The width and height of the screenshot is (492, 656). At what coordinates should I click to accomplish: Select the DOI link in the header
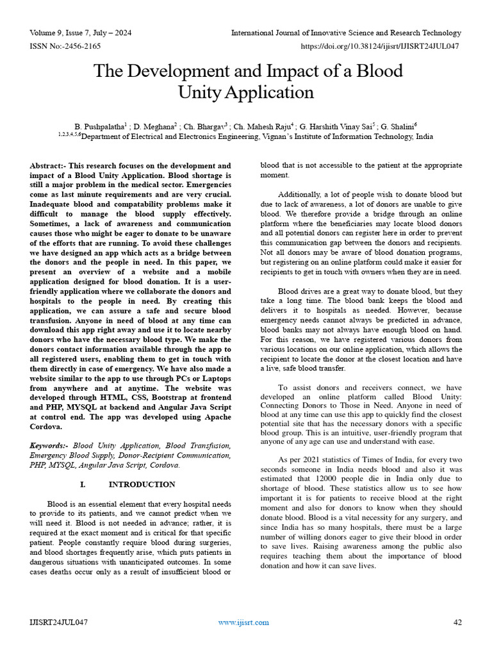click(x=381, y=45)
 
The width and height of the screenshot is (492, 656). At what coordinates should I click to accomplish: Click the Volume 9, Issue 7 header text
click(x=80, y=33)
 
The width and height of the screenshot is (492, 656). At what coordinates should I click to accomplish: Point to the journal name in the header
click(x=346, y=33)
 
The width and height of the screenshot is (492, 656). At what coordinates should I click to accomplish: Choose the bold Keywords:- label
click(x=50, y=445)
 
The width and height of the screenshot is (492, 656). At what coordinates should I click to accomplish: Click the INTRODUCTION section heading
click(x=142, y=484)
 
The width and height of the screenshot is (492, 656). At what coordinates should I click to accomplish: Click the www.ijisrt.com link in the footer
click(x=243, y=622)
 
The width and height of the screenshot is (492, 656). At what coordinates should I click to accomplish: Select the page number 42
click(x=457, y=622)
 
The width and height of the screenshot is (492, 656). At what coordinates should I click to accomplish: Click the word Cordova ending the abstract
click(x=46, y=426)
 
